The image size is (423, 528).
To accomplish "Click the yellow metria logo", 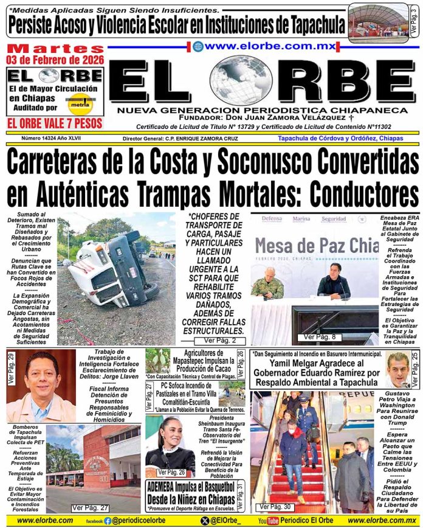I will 80,102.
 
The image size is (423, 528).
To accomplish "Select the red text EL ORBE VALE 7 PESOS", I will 54,123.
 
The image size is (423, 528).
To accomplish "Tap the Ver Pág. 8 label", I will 318,336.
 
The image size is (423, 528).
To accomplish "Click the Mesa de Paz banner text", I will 316,246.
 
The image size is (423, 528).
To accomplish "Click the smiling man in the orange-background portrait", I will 41,383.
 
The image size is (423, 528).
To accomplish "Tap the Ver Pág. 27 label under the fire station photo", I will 90,507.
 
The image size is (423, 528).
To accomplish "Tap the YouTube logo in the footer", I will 267,521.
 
